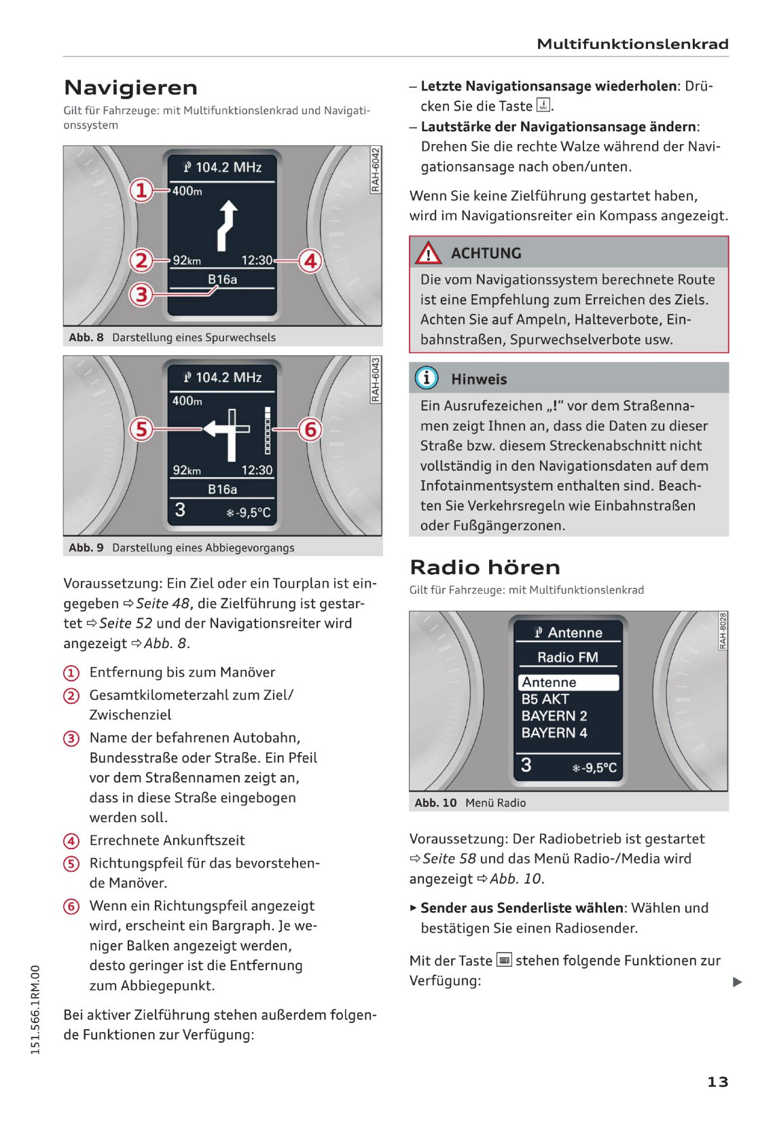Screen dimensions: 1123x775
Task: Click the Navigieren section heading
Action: [130, 88]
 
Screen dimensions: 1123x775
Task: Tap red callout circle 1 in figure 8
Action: [141, 190]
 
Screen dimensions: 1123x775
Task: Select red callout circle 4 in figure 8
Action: [310, 261]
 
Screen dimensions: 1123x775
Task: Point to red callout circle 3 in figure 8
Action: [141, 295]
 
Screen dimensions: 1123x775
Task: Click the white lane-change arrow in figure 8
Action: [227, 224]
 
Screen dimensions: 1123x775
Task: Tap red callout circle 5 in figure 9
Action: [141, 429]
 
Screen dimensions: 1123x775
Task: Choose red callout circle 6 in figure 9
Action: [310, 429]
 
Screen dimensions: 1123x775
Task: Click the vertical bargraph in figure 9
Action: [268, 431]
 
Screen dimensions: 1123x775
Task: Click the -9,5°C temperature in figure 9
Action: [249, 512]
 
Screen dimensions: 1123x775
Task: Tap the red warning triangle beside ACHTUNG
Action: [429, 253]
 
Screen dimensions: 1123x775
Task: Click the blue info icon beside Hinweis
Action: [427, 378]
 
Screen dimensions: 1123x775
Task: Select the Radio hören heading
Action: [485, 567]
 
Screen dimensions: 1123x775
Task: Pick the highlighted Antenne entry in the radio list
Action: [569, 682]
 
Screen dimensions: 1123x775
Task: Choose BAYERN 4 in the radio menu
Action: [554, 732]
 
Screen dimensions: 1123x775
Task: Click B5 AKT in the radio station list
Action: [545, 699]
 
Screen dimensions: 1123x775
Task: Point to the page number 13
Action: [717, 1082]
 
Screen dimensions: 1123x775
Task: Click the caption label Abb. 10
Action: [435, 802]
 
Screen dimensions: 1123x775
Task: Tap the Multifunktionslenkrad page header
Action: [632, 44]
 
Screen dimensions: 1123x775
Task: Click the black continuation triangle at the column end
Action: [738, 982]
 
